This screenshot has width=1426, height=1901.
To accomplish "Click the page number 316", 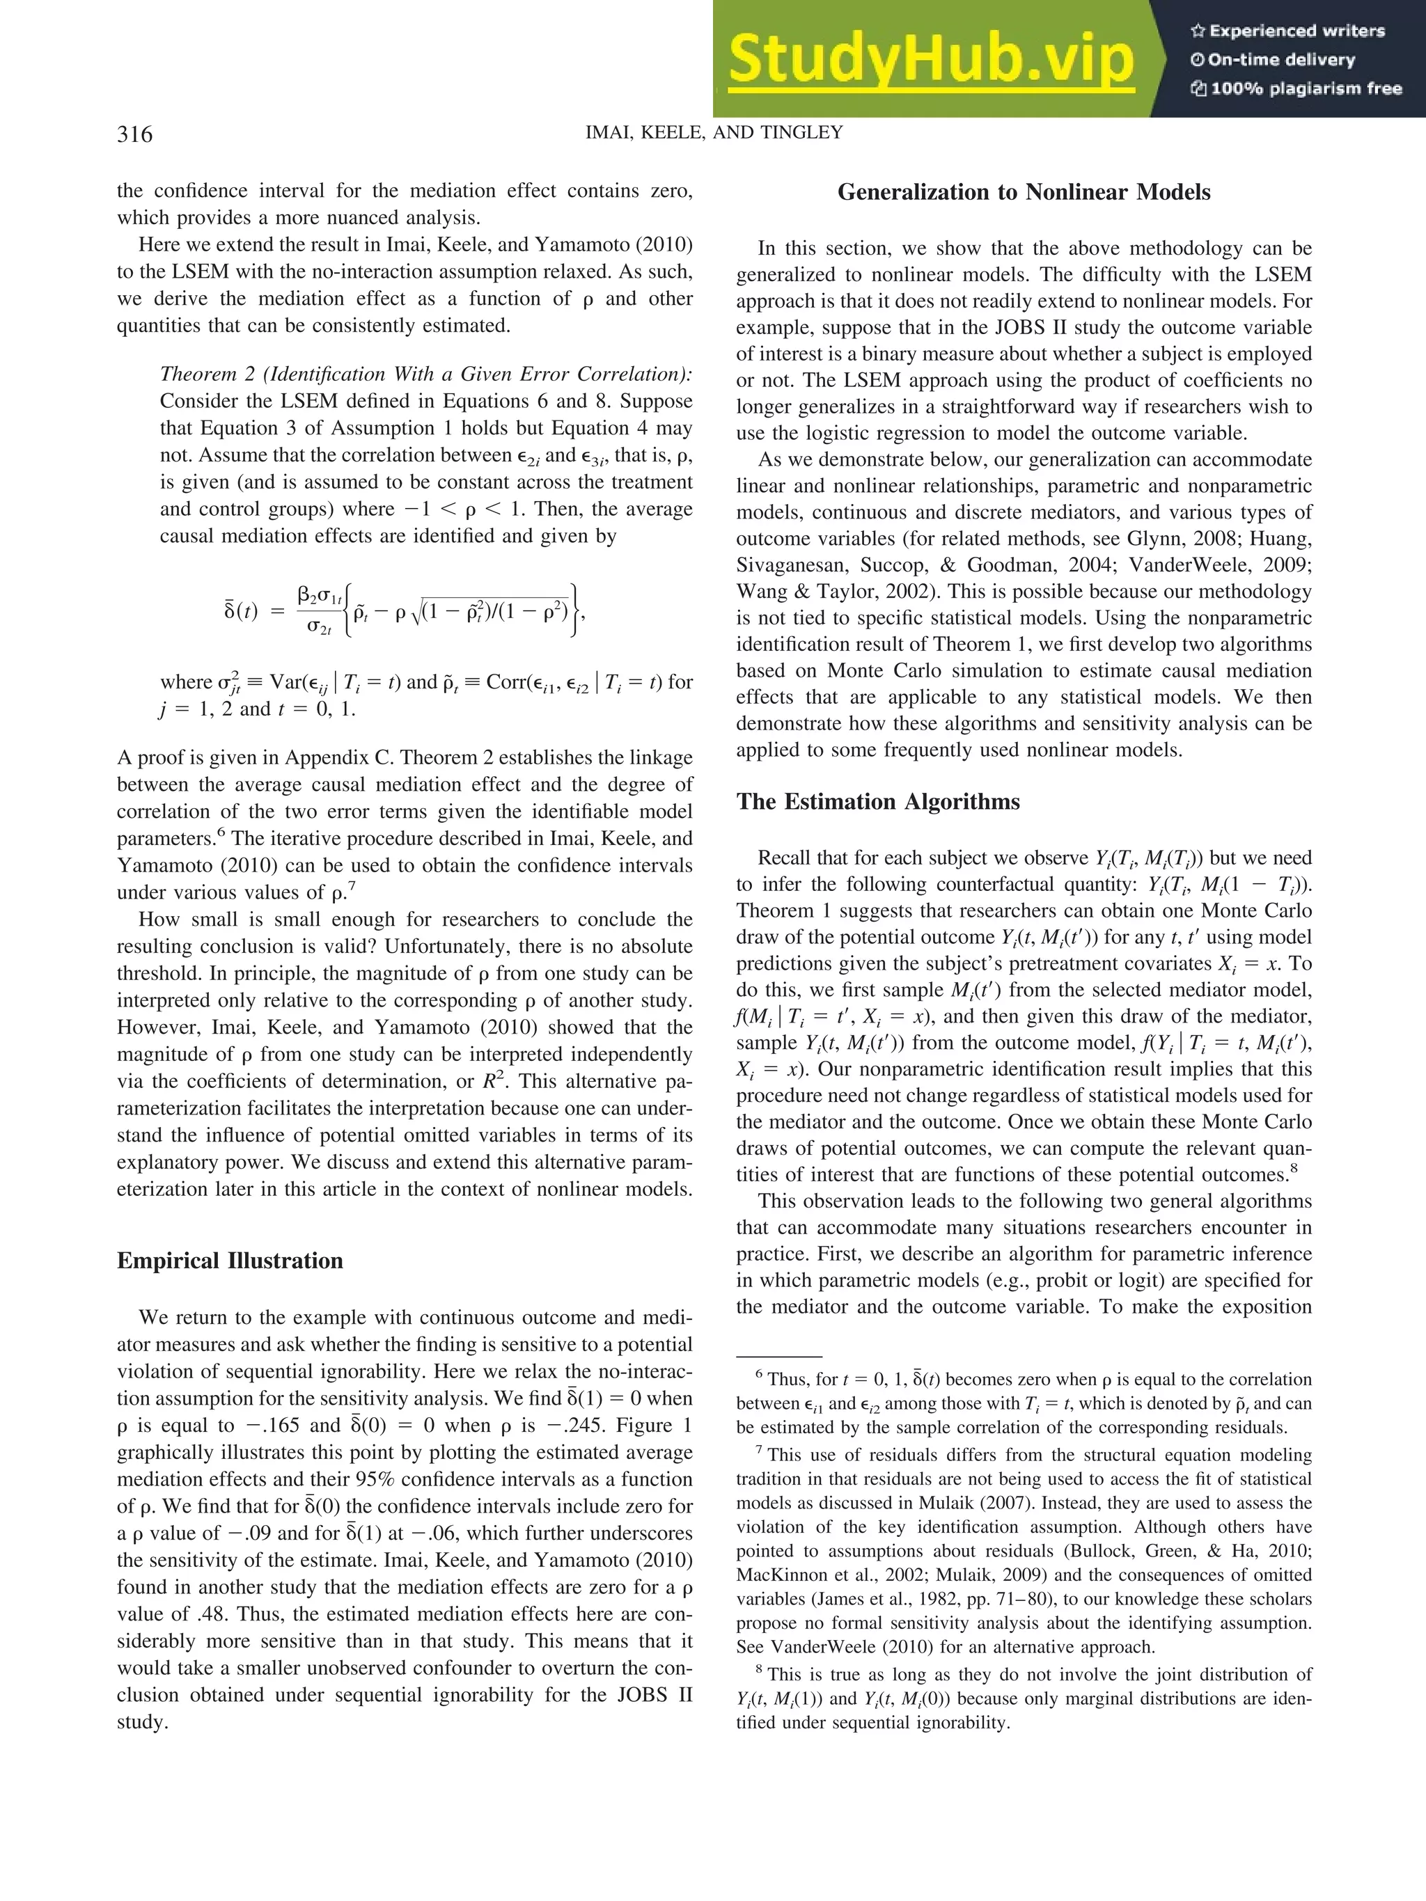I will coord(135,135).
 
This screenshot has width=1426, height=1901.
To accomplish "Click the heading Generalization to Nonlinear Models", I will coord(1023,193).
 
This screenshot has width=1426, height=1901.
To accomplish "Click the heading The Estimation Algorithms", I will coord(877,802).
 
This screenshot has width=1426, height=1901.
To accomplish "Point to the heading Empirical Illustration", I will coord(230,1261).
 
